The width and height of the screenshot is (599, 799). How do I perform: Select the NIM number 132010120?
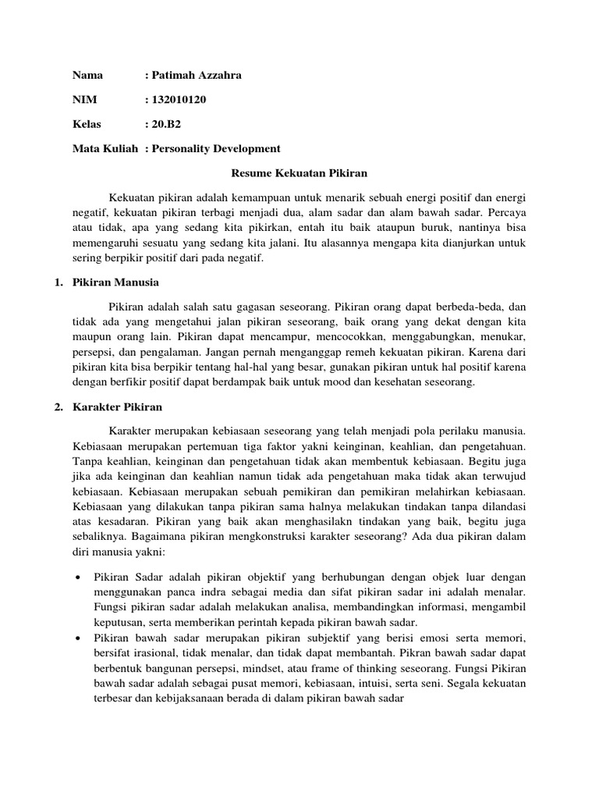179,100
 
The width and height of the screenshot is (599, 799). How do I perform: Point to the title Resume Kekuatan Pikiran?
299,172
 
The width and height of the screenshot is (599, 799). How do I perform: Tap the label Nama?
87,76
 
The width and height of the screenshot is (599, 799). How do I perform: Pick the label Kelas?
87,124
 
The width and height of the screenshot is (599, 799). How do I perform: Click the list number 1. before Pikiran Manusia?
58,282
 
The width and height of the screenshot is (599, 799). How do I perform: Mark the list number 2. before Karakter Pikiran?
58,407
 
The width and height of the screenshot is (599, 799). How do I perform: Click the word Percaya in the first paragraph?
505,211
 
